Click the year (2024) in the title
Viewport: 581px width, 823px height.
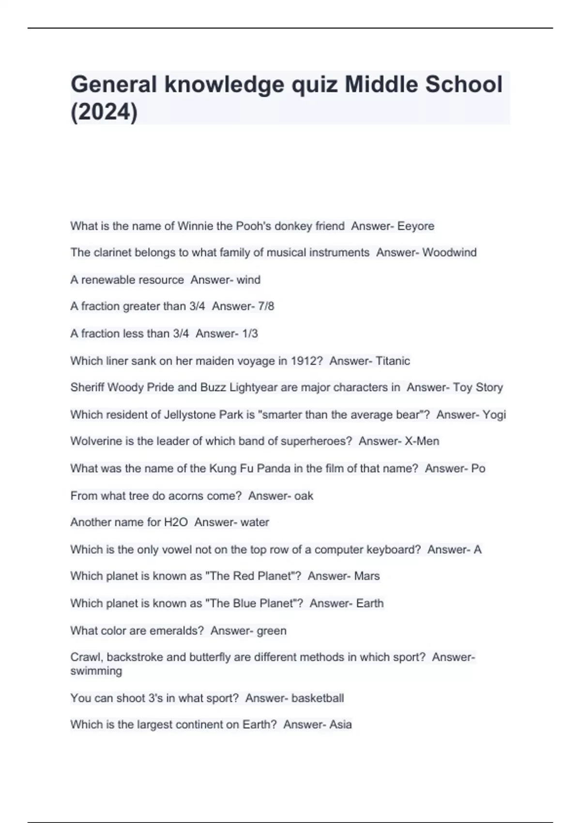click(104, 112)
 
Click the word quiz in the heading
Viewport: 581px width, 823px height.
click(314, 85)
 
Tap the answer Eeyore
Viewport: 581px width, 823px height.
click(416, 226)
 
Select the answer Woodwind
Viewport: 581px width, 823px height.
click(449, 253)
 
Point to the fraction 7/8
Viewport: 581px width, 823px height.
click(266, 306)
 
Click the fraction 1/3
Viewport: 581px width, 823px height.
click(250, 334)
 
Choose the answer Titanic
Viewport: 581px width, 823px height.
click(393, 361)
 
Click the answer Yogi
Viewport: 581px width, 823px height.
click(495, 415)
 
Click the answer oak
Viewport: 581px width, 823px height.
click(304, 496)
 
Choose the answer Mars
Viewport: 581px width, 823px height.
click(367, 576)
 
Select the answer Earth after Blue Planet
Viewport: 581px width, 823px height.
click(370, 604)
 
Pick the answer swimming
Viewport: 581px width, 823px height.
click(96, 671)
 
